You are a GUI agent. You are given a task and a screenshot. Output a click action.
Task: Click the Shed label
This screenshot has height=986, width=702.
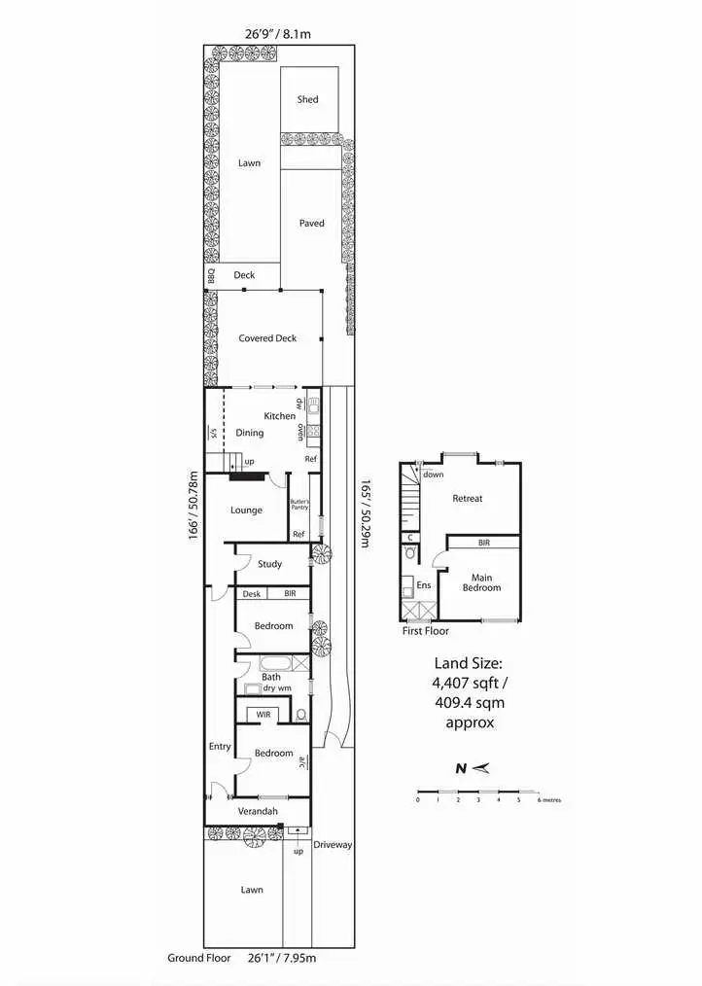pyautogui.click(x=308, y=99)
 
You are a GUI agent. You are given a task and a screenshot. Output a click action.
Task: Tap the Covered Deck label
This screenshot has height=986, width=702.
pyautogui.click(x=267, y=338)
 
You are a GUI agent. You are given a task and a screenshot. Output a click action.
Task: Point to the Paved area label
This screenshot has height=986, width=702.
pyautogui.click(x=312, y=224)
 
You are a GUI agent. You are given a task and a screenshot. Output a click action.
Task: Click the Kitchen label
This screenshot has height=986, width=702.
pyautogui.click(x=279, y=416)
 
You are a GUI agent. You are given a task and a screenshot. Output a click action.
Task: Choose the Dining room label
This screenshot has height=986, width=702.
pyautogui.click(x=249, y=433)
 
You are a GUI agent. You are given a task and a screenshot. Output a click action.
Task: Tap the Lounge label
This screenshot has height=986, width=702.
pyautogui.click(x=246, y=510)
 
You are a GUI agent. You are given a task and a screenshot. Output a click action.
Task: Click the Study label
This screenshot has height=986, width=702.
pyautogui.click(x=269, y=564)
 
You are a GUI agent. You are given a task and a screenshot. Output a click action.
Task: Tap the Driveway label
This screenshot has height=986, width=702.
pyautogui.click(x=333, y=845)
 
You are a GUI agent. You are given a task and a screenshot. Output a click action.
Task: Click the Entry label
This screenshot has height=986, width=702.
pyautogui.click(x=220, y=746)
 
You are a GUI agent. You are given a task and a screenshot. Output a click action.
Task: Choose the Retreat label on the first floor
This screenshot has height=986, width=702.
pyautogui.click(x=467, y=499)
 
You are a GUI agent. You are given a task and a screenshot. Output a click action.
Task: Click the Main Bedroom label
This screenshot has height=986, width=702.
pyautogui.click(x=481, y=582)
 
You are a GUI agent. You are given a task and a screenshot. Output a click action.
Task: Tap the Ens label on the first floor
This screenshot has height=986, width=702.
pyautogui.click(x=423, y=585)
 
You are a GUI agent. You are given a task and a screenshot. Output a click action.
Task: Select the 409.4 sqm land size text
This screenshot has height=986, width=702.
pyautogui.click(x=470, y=701)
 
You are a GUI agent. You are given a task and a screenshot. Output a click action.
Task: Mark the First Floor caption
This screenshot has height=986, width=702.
pyautogui.click(x=426, y=631)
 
